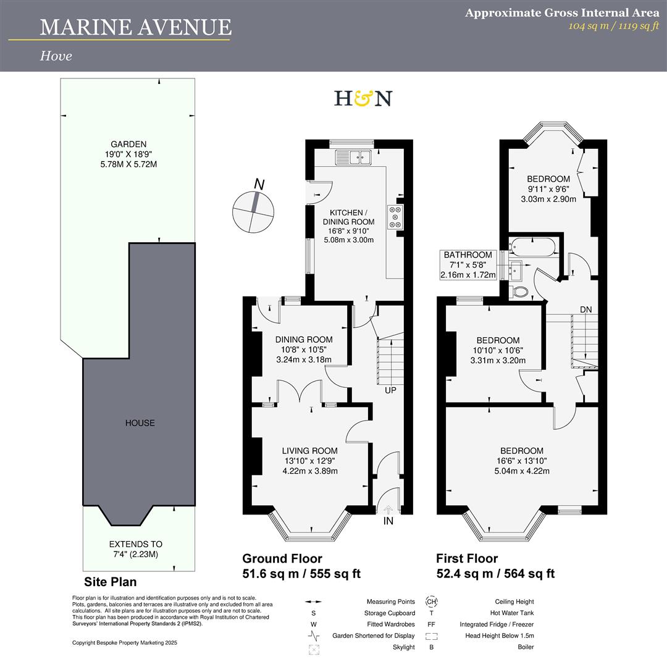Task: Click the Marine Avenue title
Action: coord(136,27)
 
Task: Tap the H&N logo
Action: coord(363,98)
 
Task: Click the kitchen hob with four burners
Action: coord(394,217)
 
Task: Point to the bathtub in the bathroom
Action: coord(532,247)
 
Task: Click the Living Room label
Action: coord(310,451)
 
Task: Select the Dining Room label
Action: coord(304,339)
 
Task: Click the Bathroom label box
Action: coord(468,264)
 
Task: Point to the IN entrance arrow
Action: coord(388,510)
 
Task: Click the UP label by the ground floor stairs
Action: coord(390,390)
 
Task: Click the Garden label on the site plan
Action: coord(128,144)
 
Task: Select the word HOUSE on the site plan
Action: coord(140,423)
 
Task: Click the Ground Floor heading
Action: coord(282,558)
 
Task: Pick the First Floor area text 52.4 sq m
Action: coord(461,574)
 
